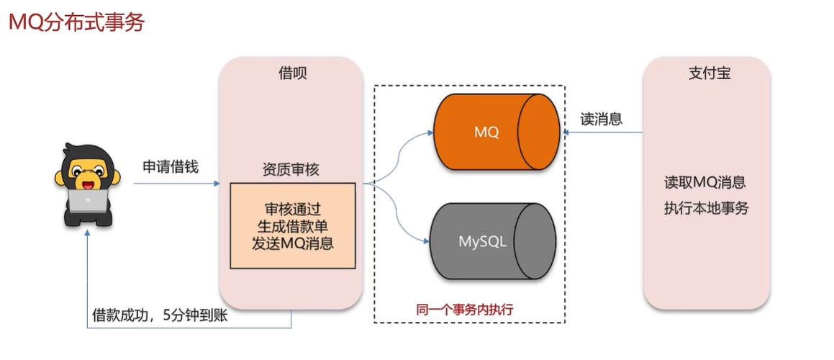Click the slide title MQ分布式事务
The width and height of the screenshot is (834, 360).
[76, 22]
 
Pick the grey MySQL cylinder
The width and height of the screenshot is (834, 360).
[492, 241]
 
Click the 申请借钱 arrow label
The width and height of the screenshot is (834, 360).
[171, 167]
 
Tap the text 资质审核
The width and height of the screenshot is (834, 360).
[291, 170]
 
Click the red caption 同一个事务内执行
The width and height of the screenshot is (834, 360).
[469, 310]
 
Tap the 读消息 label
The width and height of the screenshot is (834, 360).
[602, 120]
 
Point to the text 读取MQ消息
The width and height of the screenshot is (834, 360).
[706, 181]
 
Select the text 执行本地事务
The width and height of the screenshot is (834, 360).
[706, 209]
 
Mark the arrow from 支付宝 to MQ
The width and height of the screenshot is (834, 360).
[604, 132]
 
